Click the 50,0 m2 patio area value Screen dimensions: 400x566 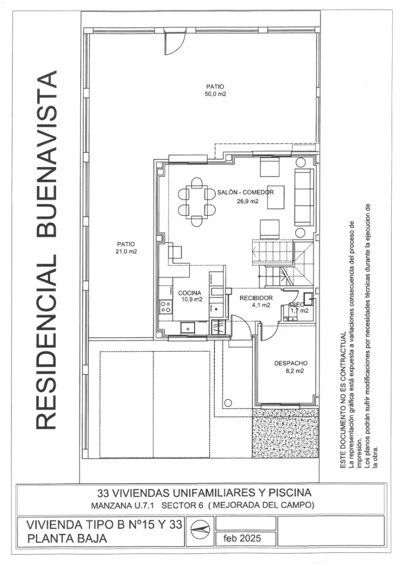215,94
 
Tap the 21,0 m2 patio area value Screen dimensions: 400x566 126,252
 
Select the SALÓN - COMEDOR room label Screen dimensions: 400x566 245,192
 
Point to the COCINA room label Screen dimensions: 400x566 190,293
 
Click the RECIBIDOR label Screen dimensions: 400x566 256,298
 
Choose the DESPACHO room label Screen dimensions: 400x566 291,364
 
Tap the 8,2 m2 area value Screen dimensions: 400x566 295,371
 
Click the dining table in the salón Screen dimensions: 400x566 197,202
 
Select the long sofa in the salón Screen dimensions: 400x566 304,197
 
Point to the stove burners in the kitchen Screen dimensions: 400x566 166,307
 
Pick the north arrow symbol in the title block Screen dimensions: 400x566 200,530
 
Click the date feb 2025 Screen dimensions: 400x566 242,538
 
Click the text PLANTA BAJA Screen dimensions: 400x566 67,539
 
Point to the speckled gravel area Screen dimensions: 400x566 285,433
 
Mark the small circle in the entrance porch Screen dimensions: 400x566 228,402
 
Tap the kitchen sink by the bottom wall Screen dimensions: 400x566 188,328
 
